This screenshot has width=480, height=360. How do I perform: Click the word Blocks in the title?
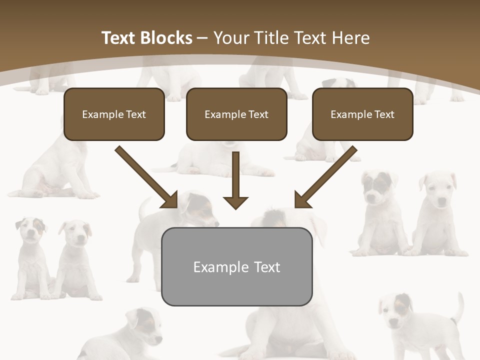click(165, 38)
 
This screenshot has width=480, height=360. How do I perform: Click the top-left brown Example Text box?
click(114, 114)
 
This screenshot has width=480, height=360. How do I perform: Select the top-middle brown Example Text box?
click(236, 114)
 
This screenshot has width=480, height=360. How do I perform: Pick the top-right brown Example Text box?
click(362, 114)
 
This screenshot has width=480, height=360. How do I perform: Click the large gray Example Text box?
click(236, 266)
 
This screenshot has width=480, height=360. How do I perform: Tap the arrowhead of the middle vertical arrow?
click(235, 202)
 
